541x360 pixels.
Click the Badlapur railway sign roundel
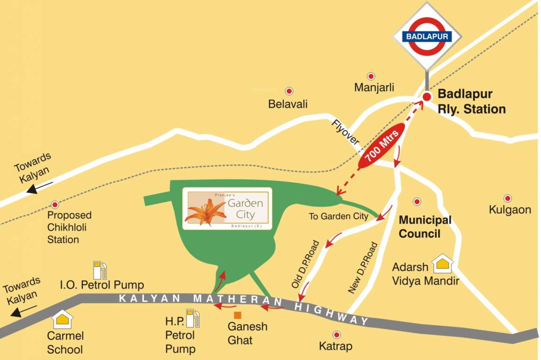(427, 36)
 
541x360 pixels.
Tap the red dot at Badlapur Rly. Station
(427, 97)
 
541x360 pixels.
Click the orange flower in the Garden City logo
(206, 212)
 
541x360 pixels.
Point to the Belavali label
(288, 104)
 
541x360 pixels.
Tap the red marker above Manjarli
(371, 76)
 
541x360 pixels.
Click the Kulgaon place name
(510, 210)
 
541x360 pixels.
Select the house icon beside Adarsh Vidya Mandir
(442, 264)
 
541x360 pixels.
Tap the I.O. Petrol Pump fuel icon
(100, 270)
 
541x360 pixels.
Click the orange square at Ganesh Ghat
(238, 315)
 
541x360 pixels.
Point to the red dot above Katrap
(336, 335)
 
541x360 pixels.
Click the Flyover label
(345, 132)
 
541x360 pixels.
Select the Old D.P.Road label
(305, 264)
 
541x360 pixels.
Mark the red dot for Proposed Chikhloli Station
(55, 204)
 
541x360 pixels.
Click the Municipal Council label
(425, 227)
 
